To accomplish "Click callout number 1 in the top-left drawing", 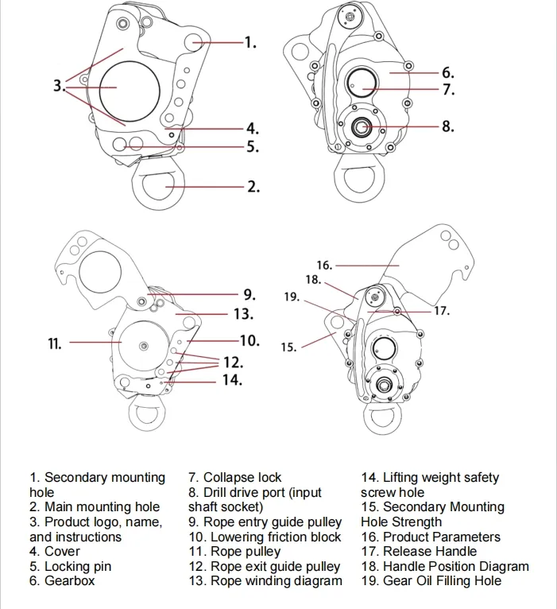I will click(249, 43).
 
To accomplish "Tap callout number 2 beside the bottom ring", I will click(252, 187).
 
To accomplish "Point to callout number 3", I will click(59, 85).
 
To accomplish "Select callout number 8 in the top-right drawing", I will click(447, 126).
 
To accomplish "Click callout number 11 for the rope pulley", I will click(55, 343).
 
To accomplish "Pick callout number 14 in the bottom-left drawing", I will click(231, 380).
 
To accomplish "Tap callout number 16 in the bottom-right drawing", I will click(323, 265).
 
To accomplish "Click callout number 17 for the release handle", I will click(441, 311).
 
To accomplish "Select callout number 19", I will click(292, 297).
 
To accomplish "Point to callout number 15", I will click(289, 347).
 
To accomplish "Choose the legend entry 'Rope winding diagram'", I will click(276, 581).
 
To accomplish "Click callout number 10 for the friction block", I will click(249, 340).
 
